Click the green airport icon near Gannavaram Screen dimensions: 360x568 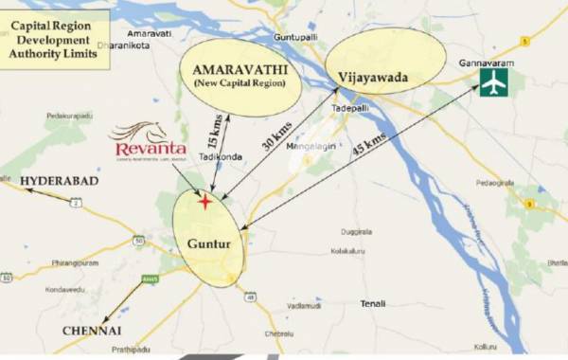coord(493,82)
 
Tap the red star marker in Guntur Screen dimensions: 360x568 coord(204,201)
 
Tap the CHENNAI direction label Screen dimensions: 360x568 coord(92,330)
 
